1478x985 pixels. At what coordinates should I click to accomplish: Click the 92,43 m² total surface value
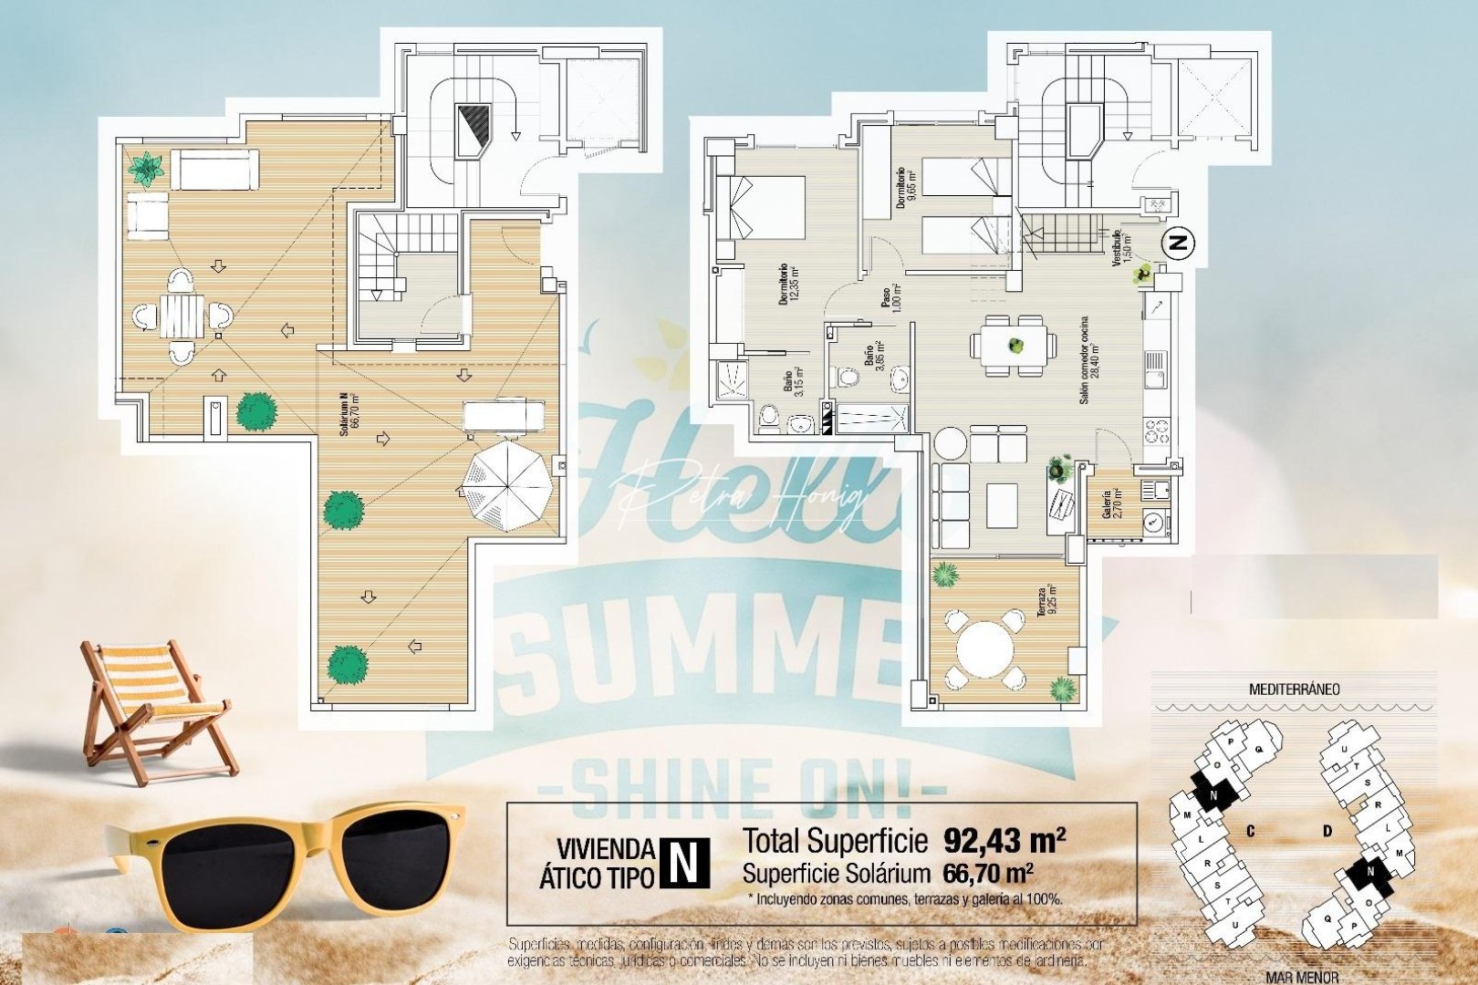click(1004, 839)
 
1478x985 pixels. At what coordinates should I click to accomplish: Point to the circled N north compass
click(1179, 244)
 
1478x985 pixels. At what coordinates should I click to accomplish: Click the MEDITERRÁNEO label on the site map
click(1294, 689)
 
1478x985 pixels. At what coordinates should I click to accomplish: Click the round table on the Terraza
click(984, 648)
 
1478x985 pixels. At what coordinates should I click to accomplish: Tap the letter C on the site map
click(1250, 831)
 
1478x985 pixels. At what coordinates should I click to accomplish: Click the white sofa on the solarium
click(215, 171)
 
